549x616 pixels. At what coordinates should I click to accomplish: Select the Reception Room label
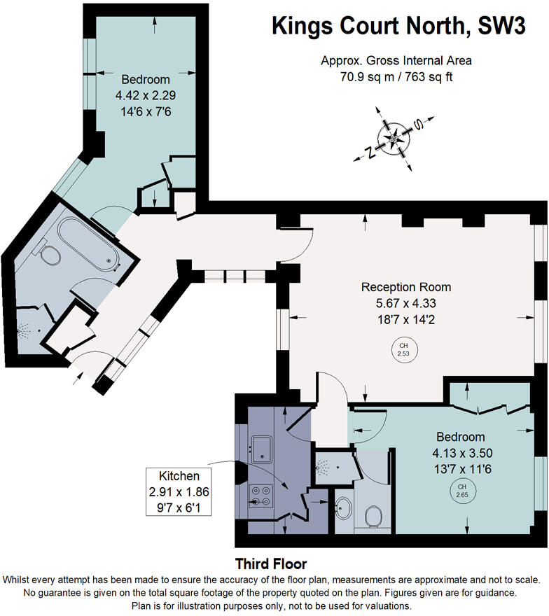click(x=406, y=287)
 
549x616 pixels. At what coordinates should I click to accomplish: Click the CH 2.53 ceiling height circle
click(x=403, y=350)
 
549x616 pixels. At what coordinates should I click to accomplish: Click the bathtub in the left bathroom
click(x=88, y=244)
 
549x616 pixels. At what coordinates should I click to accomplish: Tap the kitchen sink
click(x=261, y=449)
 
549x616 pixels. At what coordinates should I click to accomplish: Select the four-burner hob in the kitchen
click(x=261, y=496)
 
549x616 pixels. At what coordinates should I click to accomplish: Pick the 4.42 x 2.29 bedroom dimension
click(x=146, y=94)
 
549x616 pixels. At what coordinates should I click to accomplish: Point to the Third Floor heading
click(x=270, y=563)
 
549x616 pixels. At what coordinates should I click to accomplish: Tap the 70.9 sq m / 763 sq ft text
click(x=396, y=77)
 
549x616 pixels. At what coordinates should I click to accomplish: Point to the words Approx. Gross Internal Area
click(x=396, y=61)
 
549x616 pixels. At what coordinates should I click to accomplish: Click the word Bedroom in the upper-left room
click(x=146, y=78)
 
